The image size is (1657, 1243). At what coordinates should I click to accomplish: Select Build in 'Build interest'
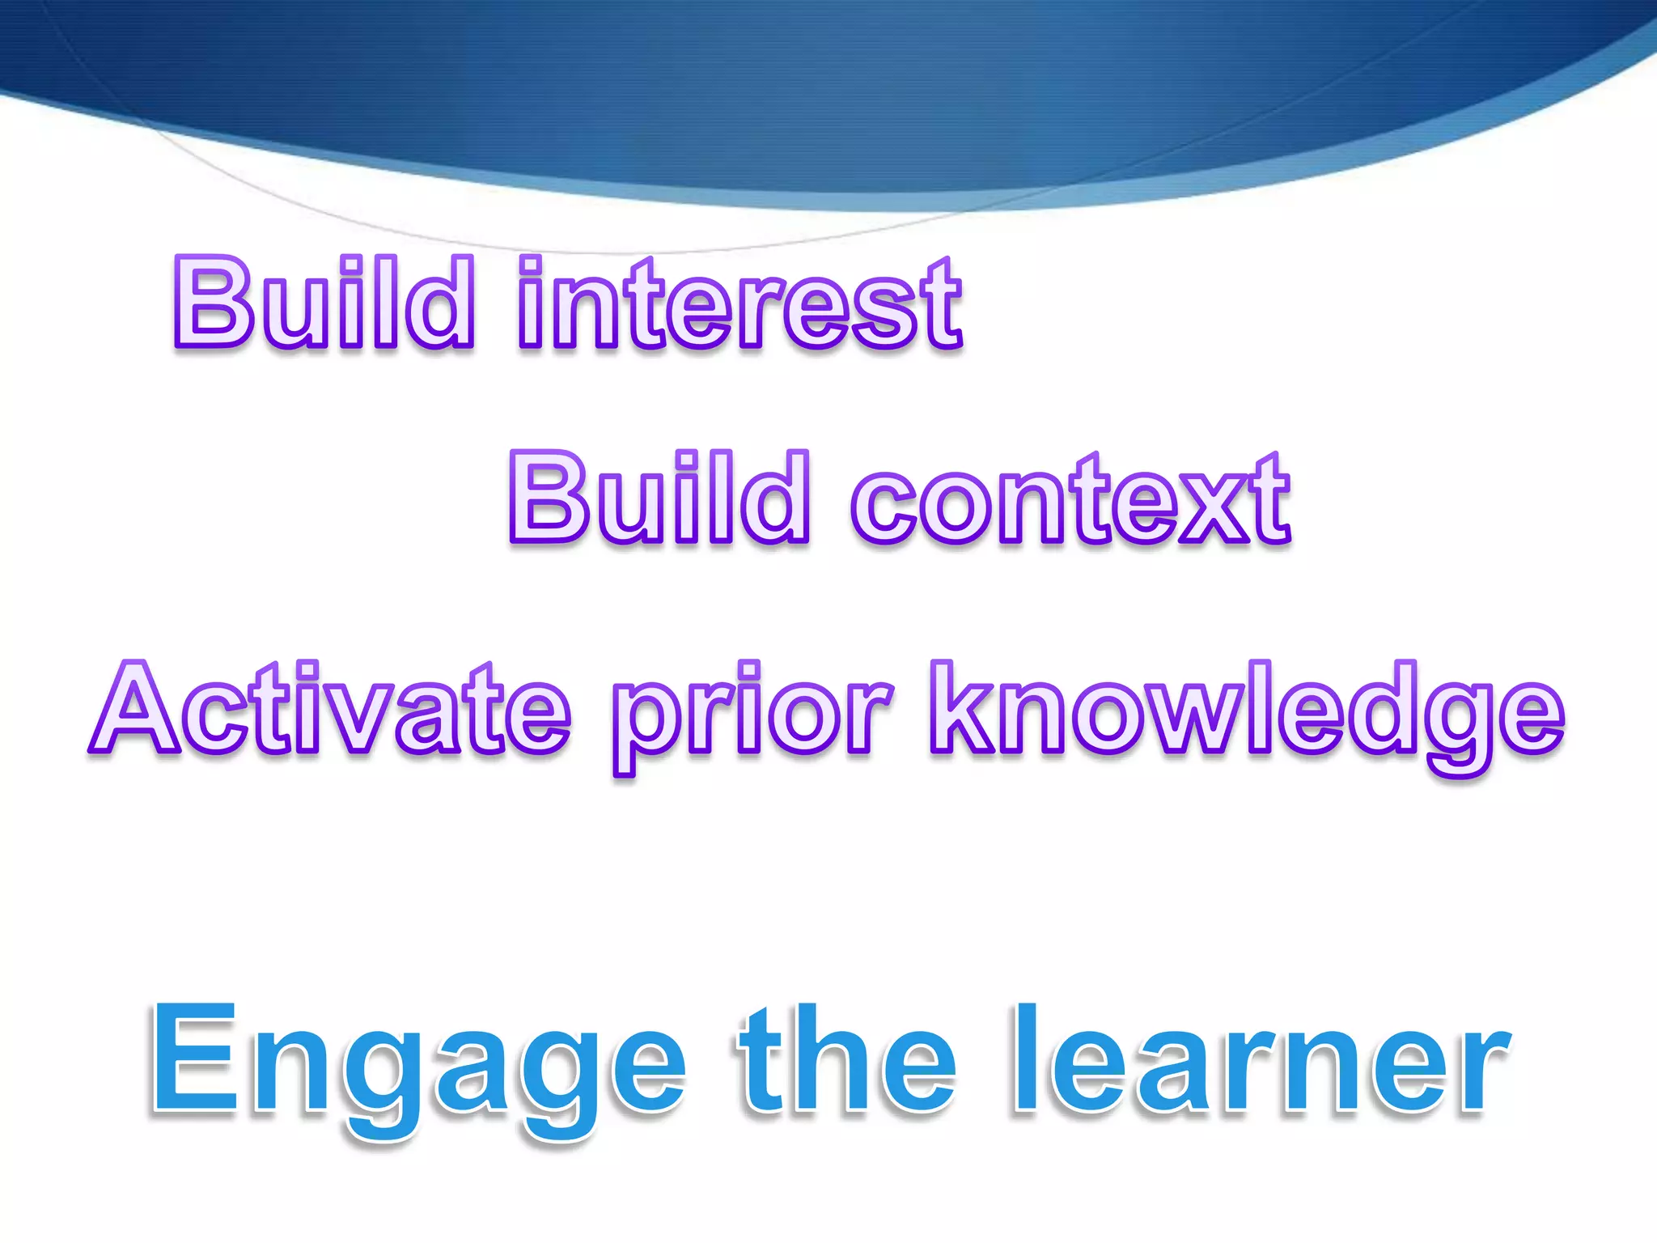coord(324,303)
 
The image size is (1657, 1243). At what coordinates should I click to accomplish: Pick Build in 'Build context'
coord(659,497)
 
